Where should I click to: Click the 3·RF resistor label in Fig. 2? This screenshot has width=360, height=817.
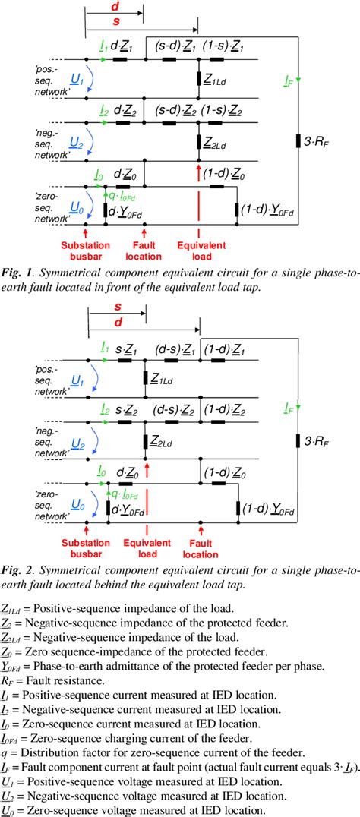click(324, 440)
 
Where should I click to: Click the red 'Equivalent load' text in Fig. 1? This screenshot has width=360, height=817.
click(199, 250)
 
